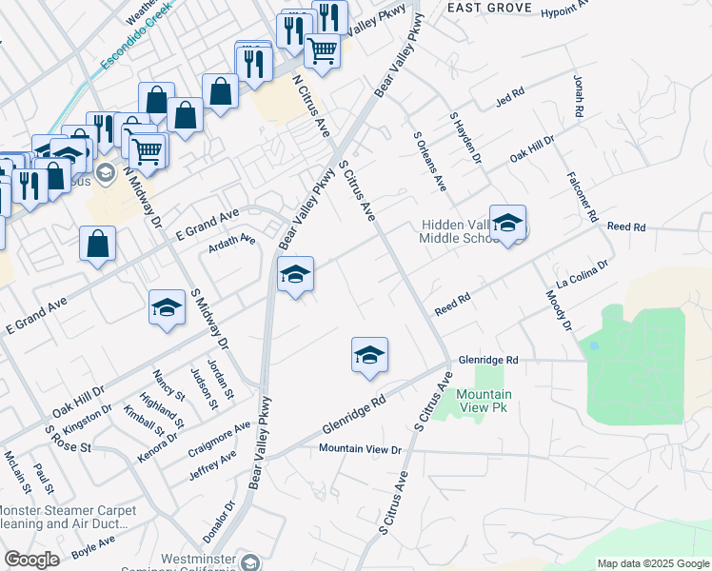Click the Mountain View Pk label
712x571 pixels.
[x=484, y=401]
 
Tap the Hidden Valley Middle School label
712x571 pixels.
[x=456, y=231]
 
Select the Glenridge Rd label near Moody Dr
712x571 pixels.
[x=487, y=361]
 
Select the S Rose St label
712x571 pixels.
[x=68, y=440]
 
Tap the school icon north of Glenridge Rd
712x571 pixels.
[x=369, y=355]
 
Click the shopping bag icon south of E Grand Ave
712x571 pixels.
[x=97, y=244]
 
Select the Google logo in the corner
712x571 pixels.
[x=31, y=560]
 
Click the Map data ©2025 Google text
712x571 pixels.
[x=653, y=563]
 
